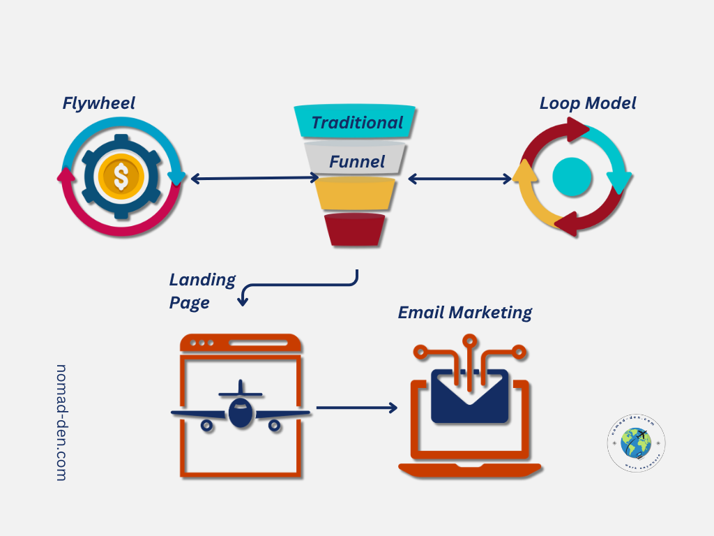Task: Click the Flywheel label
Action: tap(98, 103)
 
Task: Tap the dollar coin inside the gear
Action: tap(121, 177)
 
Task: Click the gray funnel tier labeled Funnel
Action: tap(356, 159)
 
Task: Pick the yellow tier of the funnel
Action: tap(355, 194)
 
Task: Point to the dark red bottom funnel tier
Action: tap(354, 230)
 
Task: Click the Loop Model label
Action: tap(587, 103)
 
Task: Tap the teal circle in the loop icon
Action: tap(572, 177)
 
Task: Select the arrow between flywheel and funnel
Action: tap(254, 179)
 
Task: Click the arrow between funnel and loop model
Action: tap(459, 179)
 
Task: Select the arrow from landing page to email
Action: tap(356, 408)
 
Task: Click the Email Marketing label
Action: tap(464, 312)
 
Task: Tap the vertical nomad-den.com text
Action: tap(61, 422)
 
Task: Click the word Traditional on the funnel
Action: tap(357, 123)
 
